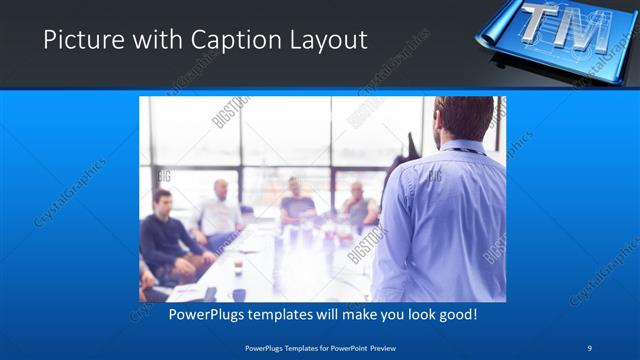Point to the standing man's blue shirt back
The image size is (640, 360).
point(440,220)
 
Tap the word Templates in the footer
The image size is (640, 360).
point(291,347)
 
